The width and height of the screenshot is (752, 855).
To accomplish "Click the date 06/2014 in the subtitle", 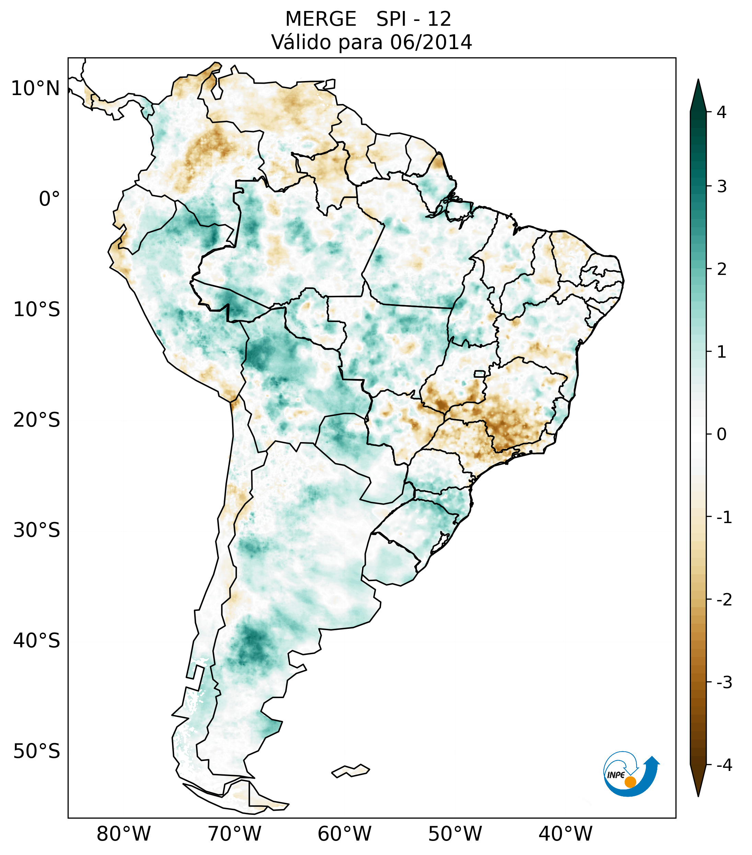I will tap(431, 42).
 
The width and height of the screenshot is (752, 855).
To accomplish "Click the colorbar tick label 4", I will tap(721, 112).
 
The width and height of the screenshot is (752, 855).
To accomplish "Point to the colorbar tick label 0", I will tap(721, 435).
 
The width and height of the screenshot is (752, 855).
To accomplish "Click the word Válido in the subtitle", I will tap(301, 42).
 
